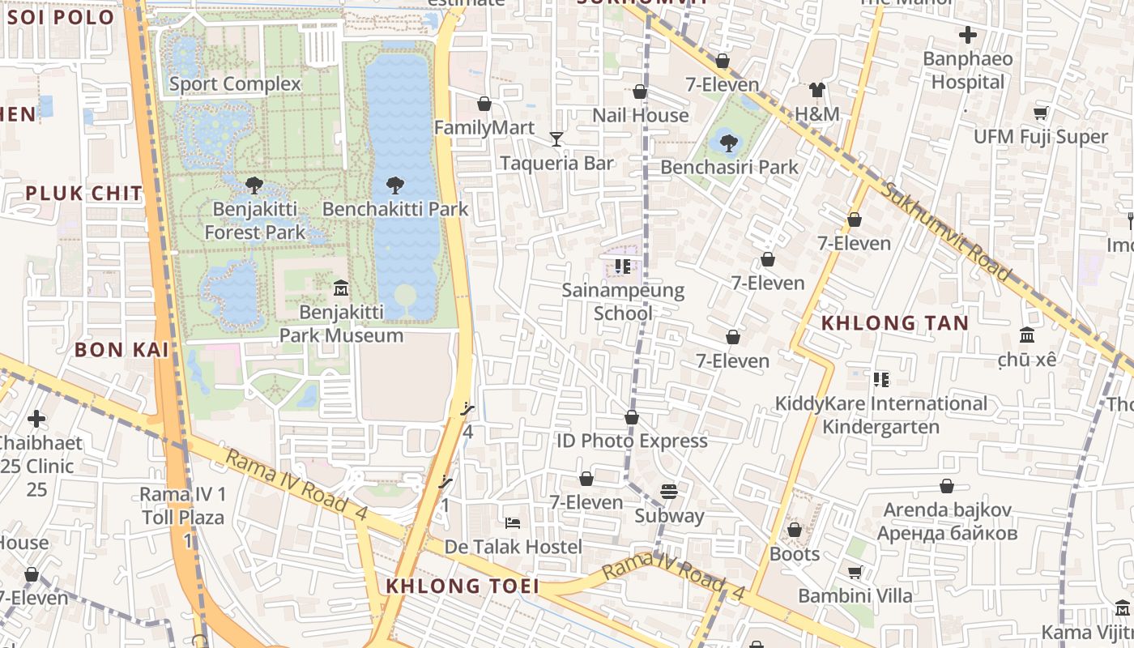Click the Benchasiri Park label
pyautogui.click(x=729, y=167)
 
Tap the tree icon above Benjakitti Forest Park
pyautogui.click(x=254, y=185)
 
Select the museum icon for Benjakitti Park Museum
pyautogui.click(x=340, y=288)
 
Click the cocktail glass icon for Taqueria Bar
pyautogui.click(x=556, y=139)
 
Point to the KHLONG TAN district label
pyautogui.click(x=894, y=323)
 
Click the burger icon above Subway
pyautogui.click(x=668, y=492)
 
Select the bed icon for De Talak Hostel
pyautogui.click(x=512, y=522)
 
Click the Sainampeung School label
pyautogui.click(x=623, y=301)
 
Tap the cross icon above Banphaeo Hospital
pyautogui.click(x=967, y=35)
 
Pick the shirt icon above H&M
pyautogui.click(x=816, y=90)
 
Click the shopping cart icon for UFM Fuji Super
pyautogui.click(x=1040, y=113)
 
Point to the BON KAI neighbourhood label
pyautogui.click(x=122, y=350)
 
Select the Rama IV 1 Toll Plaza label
pyautogui.click(x=183, y=505)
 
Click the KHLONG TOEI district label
pyautogui.click(x=462, y=586)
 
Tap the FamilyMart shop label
pyautogui.click(x=484, y=128)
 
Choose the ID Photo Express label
pyautogui.click(x=632, y=441)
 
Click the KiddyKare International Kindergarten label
pyautogui.click(x=881, y=415)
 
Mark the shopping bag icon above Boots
pyautogui.click(x=794, y=530)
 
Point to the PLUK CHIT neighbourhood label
pyautogui.click(x=83, y=194)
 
